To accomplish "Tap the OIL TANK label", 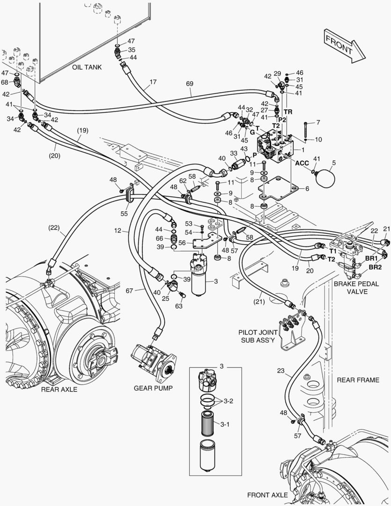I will click(x=87, y=67).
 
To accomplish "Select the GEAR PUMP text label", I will click(x=153, y=388).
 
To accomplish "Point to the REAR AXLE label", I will click(x=59, y=389).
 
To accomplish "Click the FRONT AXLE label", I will click(x=267, y=495).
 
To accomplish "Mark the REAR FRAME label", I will click(x=358, y=380).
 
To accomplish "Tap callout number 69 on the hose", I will click(x=189, y=83).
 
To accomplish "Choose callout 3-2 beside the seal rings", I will click(x=228, y=401).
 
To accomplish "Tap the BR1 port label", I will click(x=372, y=258).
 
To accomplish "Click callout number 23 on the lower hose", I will click(x=280, y=370).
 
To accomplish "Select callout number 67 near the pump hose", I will click(x=131, y=290).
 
